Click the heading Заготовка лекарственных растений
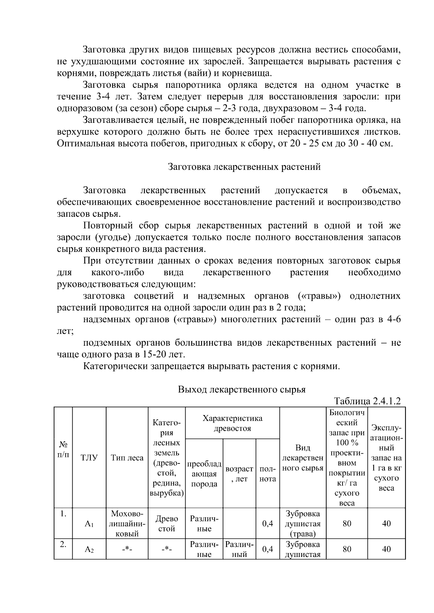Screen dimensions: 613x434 coord(244,167)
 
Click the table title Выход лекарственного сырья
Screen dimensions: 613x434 coord(242,389)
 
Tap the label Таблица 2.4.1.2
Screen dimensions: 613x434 coord(367,401)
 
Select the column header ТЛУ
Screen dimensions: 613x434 coord(89,458)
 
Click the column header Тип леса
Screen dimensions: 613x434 coord(127,458)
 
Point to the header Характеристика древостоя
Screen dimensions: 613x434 coord(232,423)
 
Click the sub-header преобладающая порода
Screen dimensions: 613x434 coord(204,474)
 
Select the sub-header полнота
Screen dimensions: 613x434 coord(268,474)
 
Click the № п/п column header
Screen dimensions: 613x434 coord(63,448)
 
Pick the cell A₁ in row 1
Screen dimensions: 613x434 coord(89,524)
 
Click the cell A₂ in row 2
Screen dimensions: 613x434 coord(89,549)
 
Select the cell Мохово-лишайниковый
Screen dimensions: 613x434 coord(127,524)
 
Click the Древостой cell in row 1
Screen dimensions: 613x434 coord(166,524)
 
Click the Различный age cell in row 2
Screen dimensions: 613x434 coord(239,549)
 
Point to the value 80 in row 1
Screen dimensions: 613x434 coord(347,523)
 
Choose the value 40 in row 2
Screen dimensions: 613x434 coord(386,549)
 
